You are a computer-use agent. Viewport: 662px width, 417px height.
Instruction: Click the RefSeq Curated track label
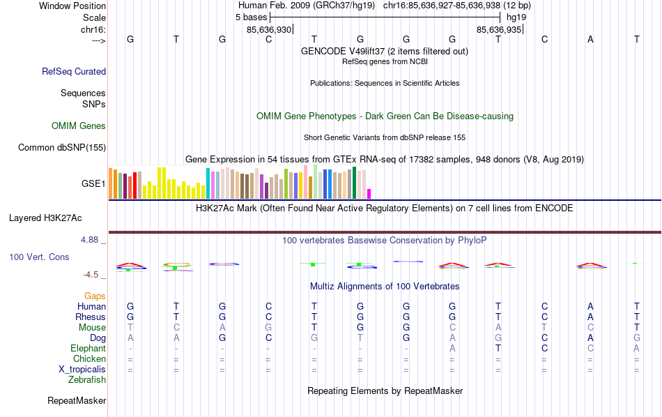tap(74, 71)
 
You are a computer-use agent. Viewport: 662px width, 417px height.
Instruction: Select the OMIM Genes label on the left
tap(79, 126)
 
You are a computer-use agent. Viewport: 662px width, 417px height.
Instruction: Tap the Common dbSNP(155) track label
tap(62, 147)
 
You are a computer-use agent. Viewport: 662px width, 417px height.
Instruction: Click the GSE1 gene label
tap(93, 184)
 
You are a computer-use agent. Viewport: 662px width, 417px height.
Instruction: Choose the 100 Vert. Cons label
tap(39, 257)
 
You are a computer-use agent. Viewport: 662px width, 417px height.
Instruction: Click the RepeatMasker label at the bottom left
tap(77, 401)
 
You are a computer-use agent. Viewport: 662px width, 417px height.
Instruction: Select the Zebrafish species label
tap(87, 380)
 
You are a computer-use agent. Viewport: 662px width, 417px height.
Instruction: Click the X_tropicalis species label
tap(82, 370)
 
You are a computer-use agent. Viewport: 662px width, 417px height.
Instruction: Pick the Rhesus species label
tap(91, 317)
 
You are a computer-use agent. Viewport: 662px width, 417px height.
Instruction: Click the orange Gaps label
tap(95, 296)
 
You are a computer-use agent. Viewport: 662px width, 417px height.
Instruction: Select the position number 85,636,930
tap(269, 30)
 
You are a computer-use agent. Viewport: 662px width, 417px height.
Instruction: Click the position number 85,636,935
tap(498, 30)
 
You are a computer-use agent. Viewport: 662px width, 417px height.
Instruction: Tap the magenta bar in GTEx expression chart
tap(369, 193)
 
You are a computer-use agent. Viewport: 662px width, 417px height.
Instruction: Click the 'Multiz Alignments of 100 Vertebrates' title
tap(385, 287)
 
